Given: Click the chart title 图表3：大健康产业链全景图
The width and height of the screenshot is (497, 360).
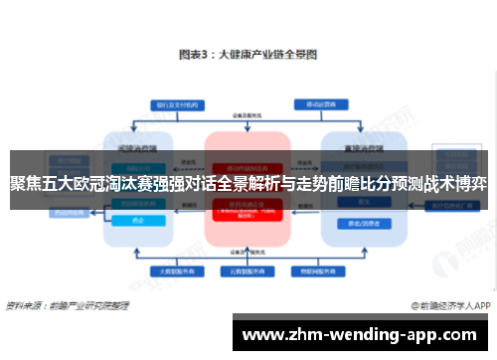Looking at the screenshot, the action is pyautogui.click(x=248, y=56).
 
